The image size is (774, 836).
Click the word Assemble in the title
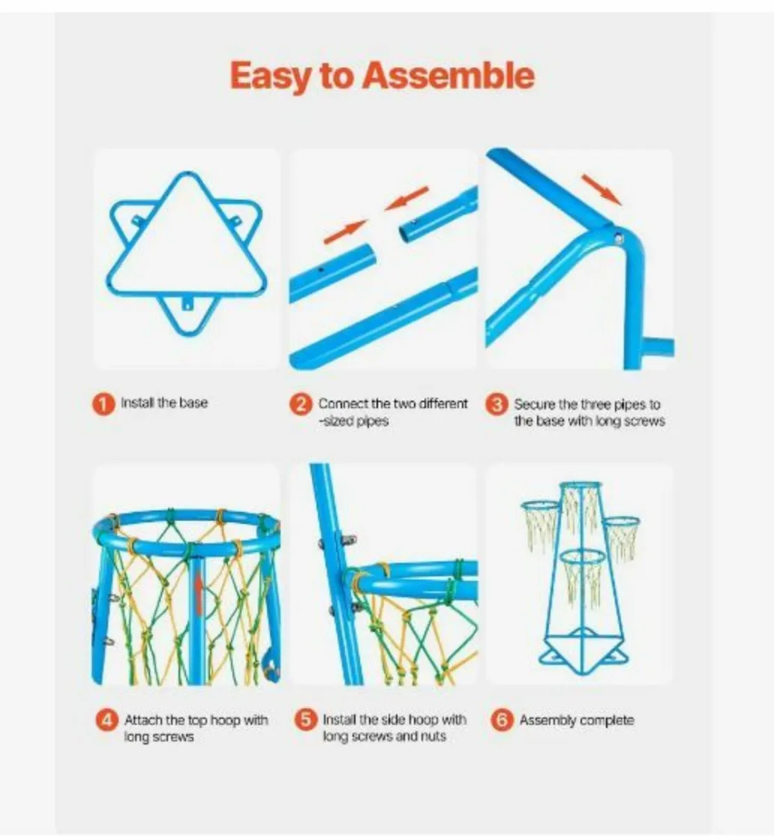tap(449, 75)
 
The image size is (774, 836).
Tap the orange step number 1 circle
tap(103, 405)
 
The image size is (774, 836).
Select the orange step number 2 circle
tap(301, 405)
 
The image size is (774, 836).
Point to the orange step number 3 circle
tap(497, 405)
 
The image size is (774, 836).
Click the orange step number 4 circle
tap(107, 720)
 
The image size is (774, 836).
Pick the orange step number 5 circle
tap(306, 720)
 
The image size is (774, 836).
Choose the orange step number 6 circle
tap(503, 720)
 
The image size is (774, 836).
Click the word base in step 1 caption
tap(193, 403)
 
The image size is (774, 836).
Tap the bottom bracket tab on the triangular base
tap(187, 304)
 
